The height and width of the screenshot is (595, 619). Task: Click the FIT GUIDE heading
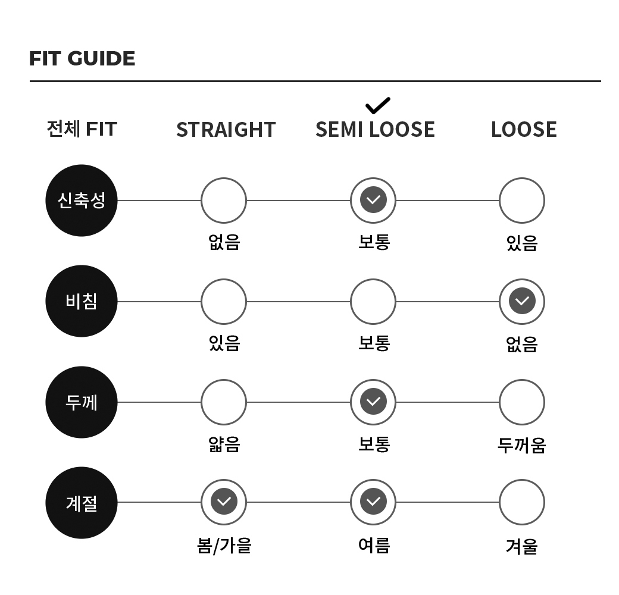82,58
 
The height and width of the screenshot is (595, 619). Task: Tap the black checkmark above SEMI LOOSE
378,105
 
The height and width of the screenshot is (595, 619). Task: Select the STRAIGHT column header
226,130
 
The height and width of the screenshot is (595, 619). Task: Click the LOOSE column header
524,130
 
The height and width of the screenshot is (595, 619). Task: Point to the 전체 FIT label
82,129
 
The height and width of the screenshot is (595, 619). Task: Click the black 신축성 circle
82,201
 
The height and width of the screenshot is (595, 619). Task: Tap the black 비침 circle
82,301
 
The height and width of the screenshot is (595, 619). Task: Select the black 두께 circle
82,402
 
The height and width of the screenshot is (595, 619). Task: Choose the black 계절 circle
82,503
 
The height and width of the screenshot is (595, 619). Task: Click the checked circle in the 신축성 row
373,200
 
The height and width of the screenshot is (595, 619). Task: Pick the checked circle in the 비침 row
522,302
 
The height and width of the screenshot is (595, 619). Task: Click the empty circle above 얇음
224,402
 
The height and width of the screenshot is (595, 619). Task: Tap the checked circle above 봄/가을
224,502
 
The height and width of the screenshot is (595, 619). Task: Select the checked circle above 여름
373,502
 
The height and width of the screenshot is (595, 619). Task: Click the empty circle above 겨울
522,502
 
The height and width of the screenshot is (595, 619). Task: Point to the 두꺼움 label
521,445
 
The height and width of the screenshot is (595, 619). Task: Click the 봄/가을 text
224,546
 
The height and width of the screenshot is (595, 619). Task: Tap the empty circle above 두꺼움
522,402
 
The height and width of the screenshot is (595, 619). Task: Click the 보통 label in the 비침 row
374,343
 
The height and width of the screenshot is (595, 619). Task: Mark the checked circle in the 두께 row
373,402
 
